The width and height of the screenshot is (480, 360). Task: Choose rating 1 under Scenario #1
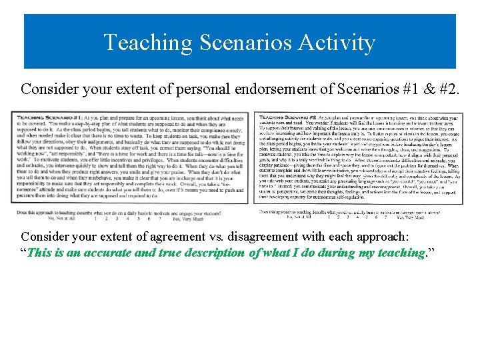[x=96, y=217]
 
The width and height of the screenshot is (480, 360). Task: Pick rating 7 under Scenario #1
[x=159, y=217]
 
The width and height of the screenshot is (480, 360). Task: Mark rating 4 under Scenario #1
[x=128, y=217]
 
